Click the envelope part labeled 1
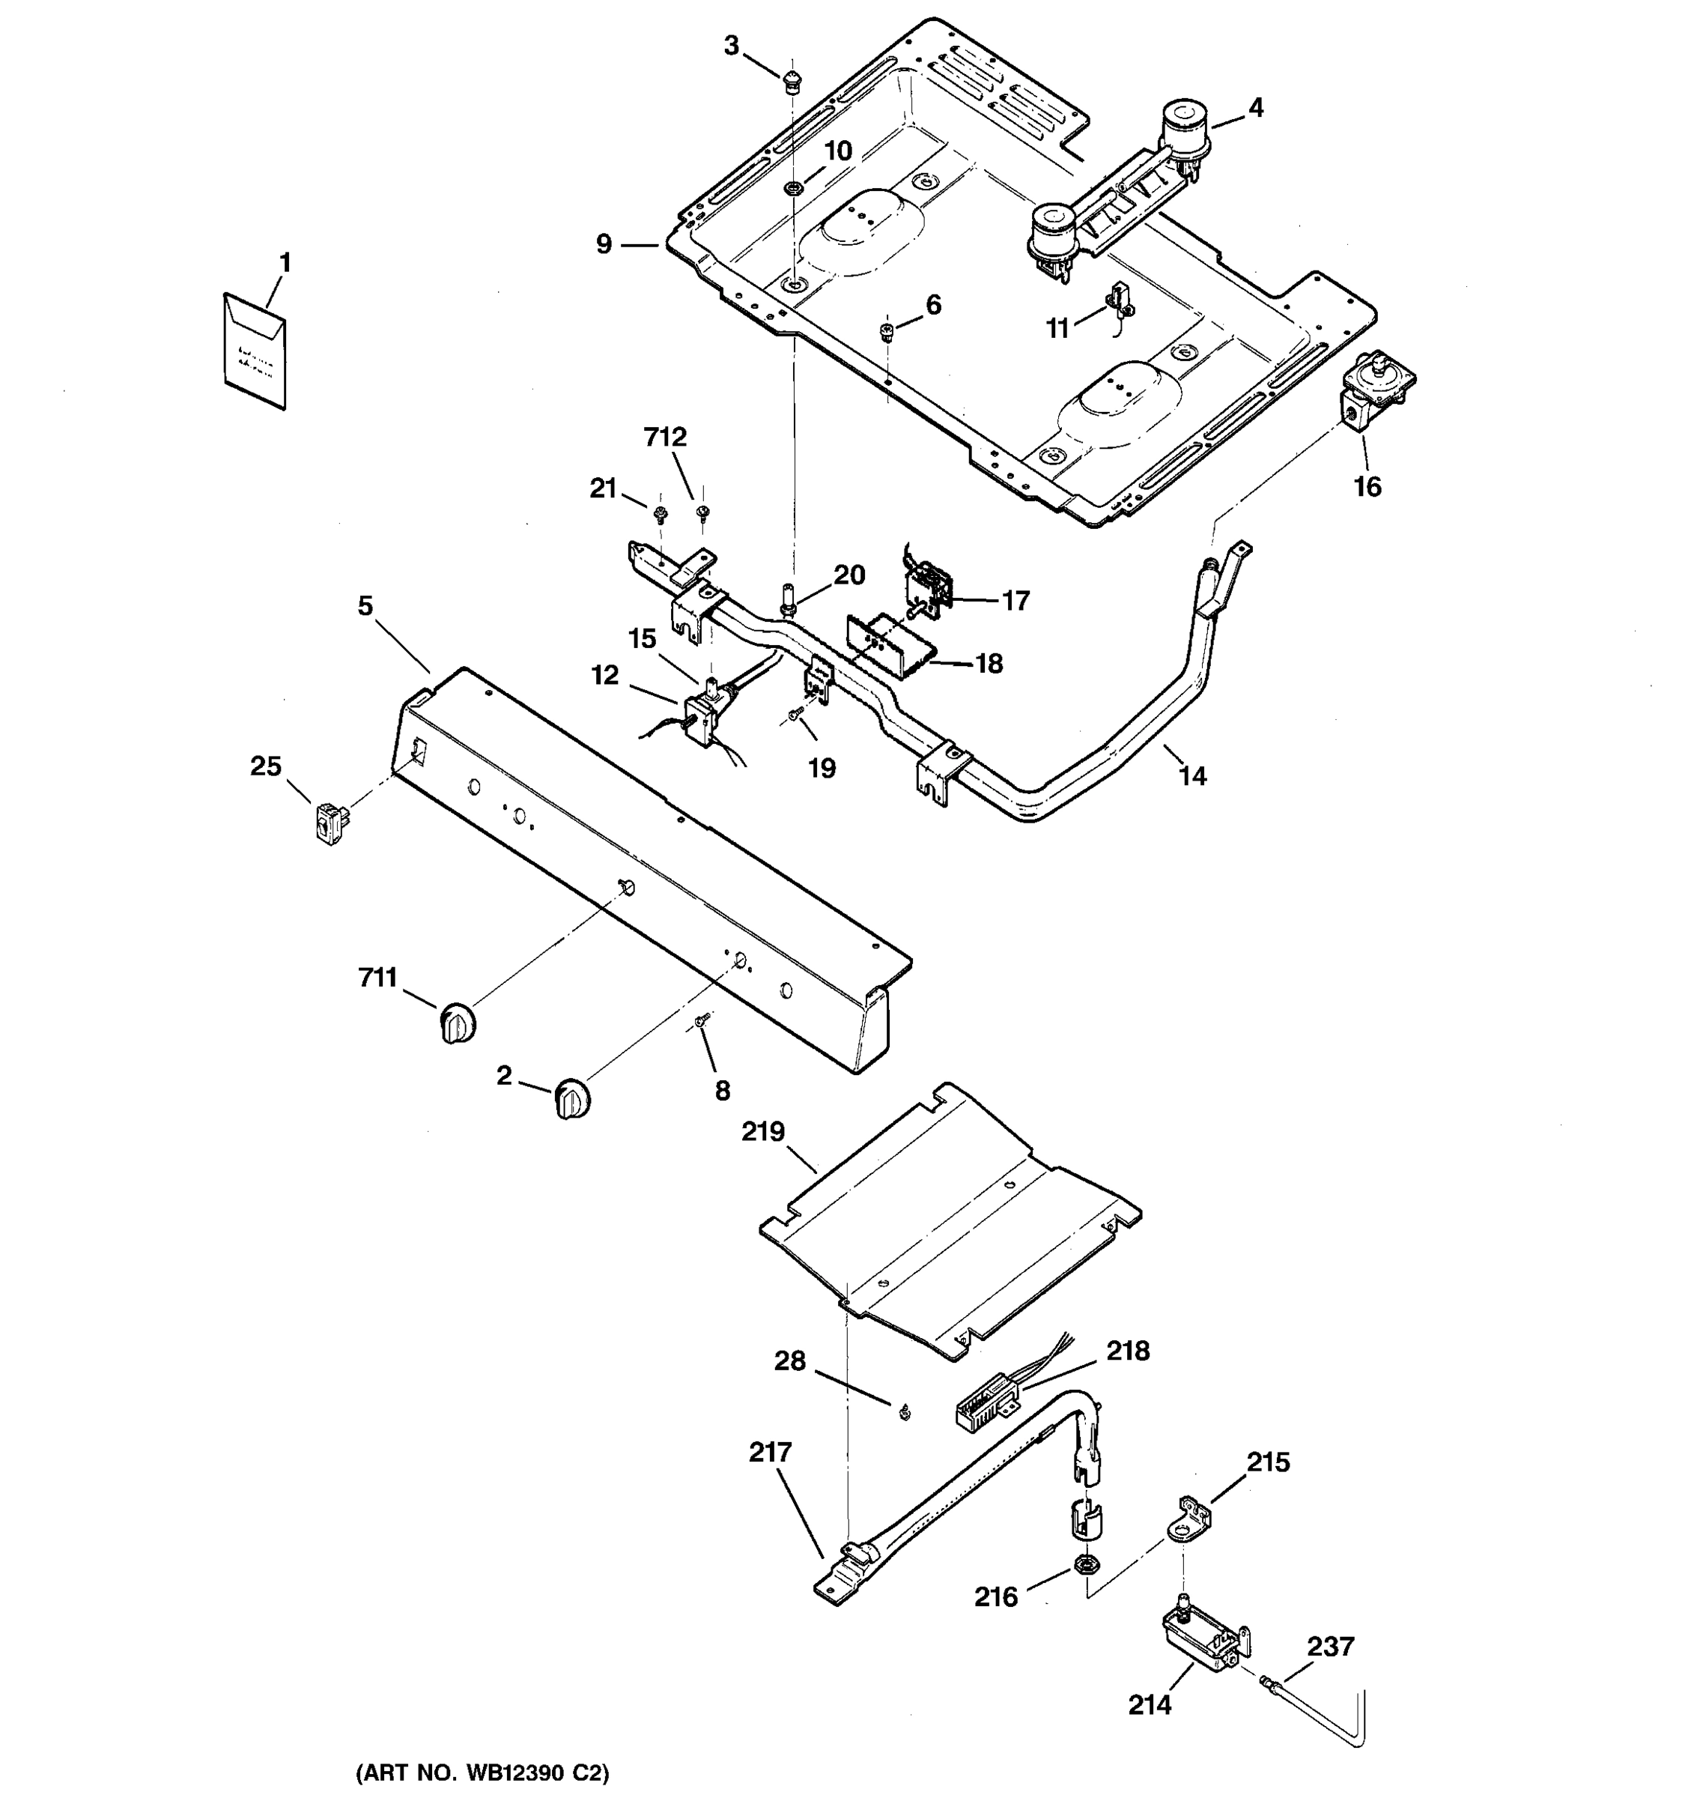[x=254, y=351]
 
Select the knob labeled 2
[x=571, y=1099]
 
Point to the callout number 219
[x=763, y=1131]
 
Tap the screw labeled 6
[x=887, y=331]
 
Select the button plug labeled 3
[x=793, y=79]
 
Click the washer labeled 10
[x=793, y=188]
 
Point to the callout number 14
[x=1192, y=775]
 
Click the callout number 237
[x=1330, y=1646]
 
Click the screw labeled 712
[x=702, y=513]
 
